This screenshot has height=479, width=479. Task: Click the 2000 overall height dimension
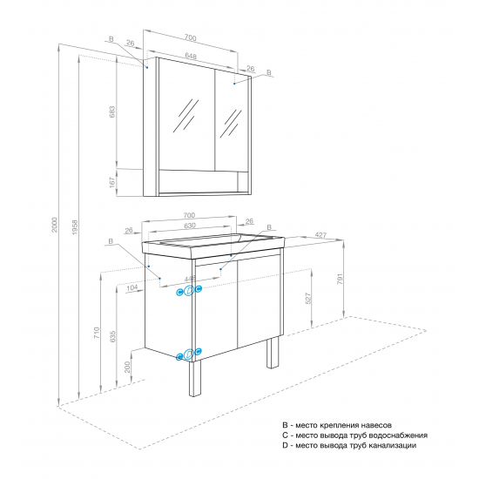54,225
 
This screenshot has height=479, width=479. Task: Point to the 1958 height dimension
75,227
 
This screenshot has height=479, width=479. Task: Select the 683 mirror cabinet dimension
112,111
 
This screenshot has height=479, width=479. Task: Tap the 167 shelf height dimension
112,182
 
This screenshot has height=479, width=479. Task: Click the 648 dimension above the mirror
191,56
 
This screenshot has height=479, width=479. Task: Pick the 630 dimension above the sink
189,226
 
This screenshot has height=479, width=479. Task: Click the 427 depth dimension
320,235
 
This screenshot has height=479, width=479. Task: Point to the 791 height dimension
340,279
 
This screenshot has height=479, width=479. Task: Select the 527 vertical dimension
308,298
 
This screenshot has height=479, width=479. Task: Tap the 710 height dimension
97,333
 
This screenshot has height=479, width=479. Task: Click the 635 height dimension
112,336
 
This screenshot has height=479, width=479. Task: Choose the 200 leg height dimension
127,367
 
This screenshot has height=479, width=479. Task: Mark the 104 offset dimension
132,287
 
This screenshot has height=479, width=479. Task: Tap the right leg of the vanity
273,353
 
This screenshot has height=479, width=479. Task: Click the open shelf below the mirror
198,181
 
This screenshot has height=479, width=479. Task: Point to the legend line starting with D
349,446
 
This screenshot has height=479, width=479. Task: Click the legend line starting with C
354,435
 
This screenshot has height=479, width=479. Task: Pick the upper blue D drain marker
189,291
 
